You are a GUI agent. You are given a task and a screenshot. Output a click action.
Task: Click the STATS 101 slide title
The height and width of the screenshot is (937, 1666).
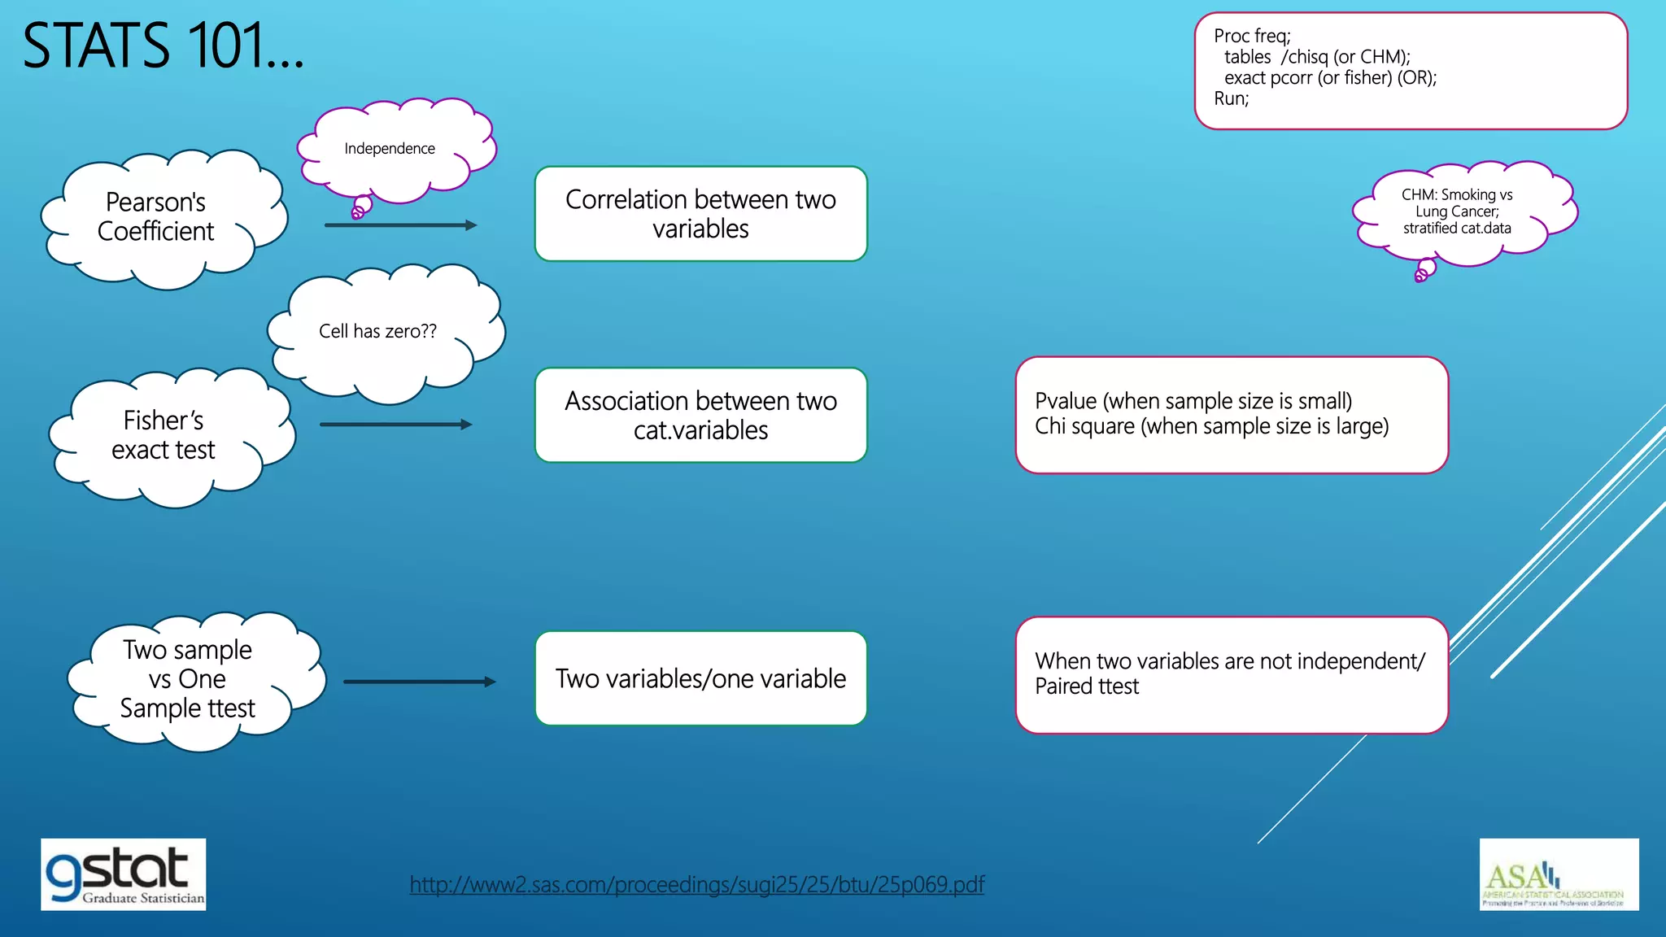click(163, 46)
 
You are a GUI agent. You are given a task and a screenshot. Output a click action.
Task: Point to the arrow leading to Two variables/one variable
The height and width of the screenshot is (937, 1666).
click(419, 682)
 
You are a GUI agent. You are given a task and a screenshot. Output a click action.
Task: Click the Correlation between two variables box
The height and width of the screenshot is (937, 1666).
click(700, 214)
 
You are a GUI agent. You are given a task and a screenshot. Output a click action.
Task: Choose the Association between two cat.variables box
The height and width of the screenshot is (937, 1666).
click(700, 416)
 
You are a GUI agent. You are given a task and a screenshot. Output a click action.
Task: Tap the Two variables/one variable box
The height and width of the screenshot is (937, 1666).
click(700, 678)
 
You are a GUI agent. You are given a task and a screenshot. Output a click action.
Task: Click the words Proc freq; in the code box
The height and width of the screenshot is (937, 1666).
click(1252, 36)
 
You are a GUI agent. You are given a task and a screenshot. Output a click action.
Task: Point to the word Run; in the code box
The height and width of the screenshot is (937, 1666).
click(1231, 99)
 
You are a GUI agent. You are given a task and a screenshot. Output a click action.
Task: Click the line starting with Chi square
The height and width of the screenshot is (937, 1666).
click(1211, 427)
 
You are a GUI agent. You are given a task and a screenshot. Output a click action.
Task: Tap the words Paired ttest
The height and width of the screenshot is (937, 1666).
click(1087, 686)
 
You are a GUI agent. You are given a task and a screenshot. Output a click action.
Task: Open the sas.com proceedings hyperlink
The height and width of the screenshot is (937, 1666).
click(696, 884)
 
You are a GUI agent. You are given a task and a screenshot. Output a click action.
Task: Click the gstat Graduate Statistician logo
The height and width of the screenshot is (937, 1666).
click(124, 874)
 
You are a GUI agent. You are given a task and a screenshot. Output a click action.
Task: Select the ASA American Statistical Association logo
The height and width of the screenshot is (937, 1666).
click(1558, 874)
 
